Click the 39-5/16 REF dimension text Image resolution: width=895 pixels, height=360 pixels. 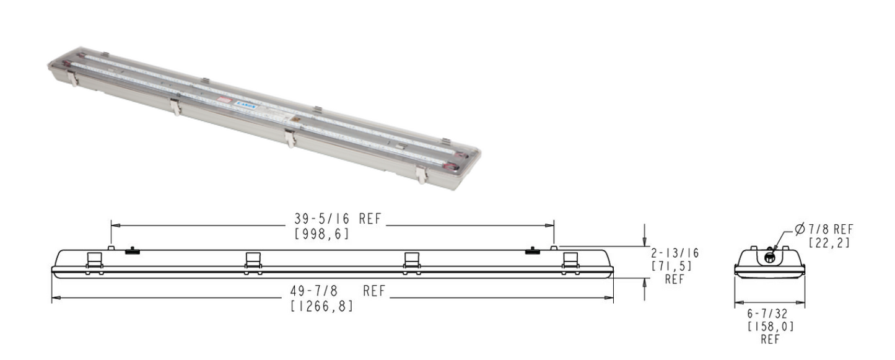[338, 219]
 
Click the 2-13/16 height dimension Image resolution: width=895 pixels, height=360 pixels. [676, 253]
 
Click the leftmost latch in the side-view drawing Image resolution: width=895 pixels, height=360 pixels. [94, 260]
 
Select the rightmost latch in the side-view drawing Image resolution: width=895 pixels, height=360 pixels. [569, 260]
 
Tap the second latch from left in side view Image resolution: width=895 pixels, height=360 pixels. [253, 260]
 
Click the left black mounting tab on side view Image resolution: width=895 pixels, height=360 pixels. [131, 251]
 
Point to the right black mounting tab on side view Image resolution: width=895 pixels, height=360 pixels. [531, 251]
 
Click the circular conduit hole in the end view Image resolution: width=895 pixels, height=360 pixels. [770, 256]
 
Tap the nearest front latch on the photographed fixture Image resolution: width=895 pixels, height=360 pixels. [421, 175]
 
